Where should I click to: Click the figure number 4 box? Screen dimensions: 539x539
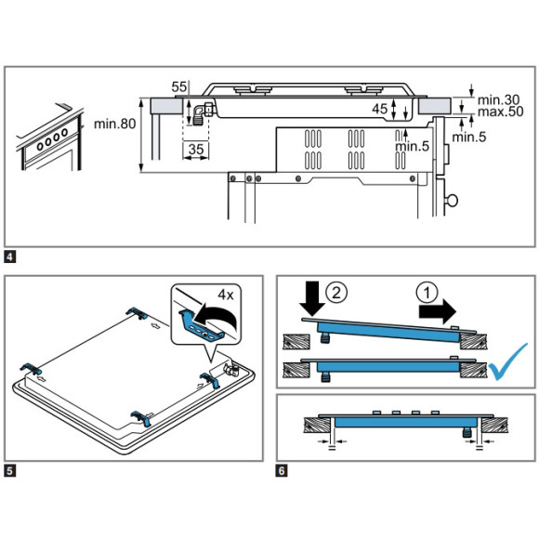tap(9, 256)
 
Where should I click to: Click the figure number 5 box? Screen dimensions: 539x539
tap(9, 470)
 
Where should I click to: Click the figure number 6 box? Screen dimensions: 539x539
tap(282, 470)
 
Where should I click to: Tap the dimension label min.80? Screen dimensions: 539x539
tap(115, 124)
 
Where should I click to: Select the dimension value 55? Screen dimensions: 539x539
tap(178, 87)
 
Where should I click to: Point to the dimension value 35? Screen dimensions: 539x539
tap(196, 150)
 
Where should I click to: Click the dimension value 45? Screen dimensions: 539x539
tap(380, 109)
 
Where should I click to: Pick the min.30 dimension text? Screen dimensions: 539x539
tap(498, 99)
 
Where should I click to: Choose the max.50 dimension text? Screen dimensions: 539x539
tap(501, 112)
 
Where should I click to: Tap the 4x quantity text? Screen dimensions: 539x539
tap(226, 295)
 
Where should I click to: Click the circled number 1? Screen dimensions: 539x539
tap(427, 294)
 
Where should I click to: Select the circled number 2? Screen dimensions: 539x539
tap(335, 293)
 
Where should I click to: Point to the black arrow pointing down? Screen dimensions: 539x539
tap(312, 298)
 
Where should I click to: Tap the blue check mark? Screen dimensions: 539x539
tap(508, 362)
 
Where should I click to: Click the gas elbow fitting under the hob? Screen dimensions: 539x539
tap(203, 113)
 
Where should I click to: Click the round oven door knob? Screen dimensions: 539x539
tap(452, 200)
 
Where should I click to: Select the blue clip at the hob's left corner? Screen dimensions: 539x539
tap(31, 369)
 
